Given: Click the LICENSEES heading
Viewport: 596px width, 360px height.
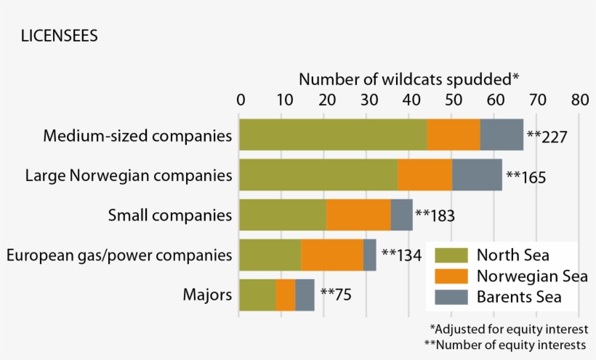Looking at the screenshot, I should pos(59,36).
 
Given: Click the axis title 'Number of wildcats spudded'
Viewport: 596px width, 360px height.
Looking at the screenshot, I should pos(409,79).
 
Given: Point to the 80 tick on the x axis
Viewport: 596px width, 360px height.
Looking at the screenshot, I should pos(579,99).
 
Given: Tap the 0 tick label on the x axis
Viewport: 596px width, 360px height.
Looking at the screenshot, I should pos(241,99).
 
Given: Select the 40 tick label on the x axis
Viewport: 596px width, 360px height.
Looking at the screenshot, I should pos(410,99).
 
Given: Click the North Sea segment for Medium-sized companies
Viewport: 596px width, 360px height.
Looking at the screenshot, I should pos(333,135).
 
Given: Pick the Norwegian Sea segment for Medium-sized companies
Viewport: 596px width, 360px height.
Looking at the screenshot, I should pos(454,135).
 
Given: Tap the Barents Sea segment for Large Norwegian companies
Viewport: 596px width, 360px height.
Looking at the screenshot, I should pos(477,175).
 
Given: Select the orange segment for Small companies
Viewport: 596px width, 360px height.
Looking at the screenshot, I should pos(358,215).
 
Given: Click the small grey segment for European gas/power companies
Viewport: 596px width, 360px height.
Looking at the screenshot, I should pos(370,255).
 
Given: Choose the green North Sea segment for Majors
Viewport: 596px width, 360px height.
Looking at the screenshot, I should pos(257,295).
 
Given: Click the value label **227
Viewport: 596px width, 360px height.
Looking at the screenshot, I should pos(547,136).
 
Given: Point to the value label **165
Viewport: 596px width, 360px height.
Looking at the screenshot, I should pos(526,176).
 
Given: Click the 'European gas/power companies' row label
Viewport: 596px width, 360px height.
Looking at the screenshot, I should pos(119,255).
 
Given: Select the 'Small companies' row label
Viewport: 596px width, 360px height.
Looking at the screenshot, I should pos(170,215).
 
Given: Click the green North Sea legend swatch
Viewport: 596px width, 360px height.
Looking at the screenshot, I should pos(450,255).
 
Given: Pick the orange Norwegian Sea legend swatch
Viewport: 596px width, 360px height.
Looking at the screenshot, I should pos(450,276).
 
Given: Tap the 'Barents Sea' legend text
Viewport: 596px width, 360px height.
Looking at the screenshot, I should pos(519,297).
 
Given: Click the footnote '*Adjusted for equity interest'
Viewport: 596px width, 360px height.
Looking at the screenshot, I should pos(509,329).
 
